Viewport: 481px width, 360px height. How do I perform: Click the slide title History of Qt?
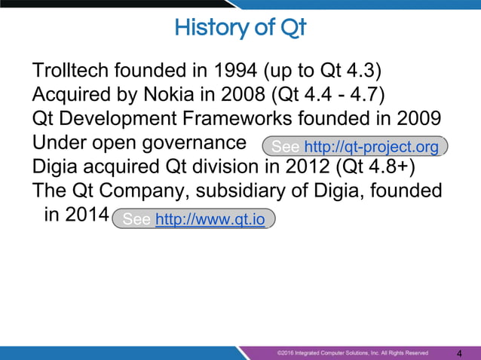240,29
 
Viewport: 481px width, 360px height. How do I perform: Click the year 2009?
418,119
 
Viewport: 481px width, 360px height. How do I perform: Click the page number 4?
460,353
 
